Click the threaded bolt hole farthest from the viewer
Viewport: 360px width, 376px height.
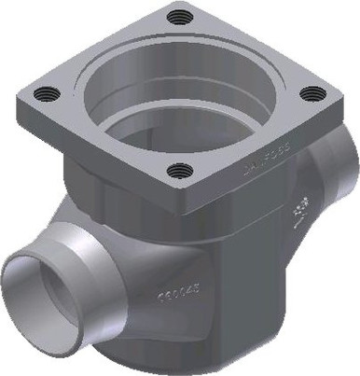tap(177, 16)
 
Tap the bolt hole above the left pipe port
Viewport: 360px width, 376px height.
tap(43, 91)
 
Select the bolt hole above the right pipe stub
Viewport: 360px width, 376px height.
tap(314, 93)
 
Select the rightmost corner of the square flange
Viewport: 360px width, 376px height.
tap(339, 93)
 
